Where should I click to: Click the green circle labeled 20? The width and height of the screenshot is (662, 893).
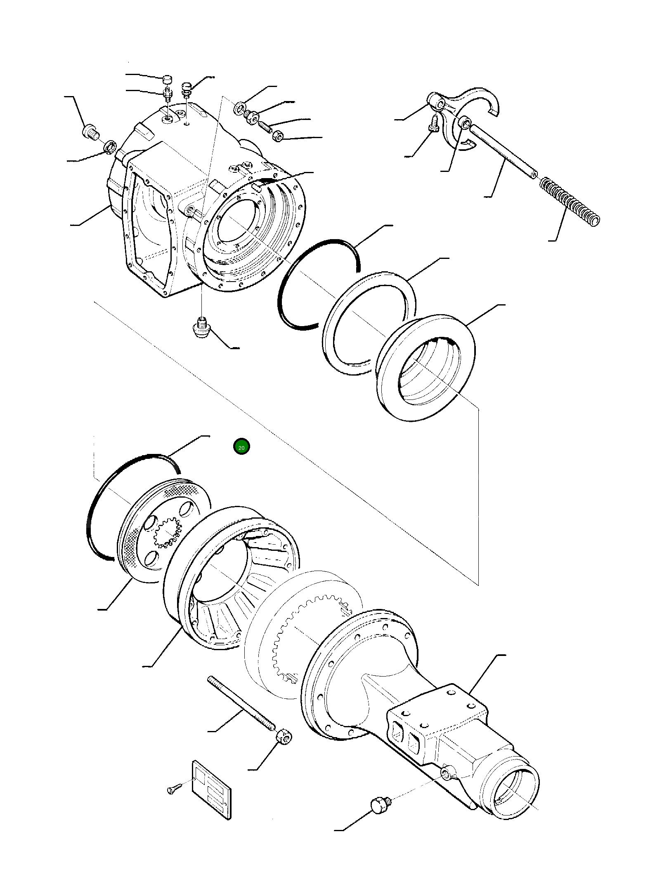[x=241, y=447]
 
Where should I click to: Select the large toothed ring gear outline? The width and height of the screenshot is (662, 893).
[x=303, y=631]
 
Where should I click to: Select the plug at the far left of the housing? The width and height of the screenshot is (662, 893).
[x=90, y=132]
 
